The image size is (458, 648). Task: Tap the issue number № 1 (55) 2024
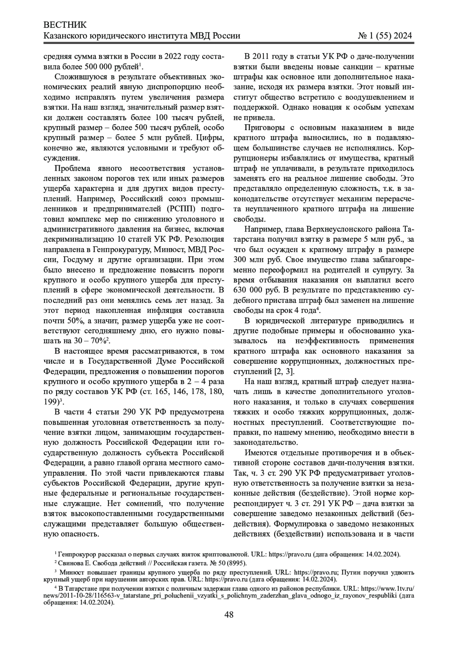(385, 36)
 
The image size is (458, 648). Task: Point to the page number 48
(229, 614)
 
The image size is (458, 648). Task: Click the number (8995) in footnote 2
(237, 563)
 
